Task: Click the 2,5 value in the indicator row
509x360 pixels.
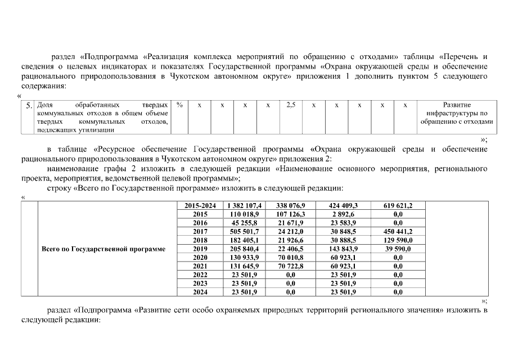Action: click(x=291, y=105)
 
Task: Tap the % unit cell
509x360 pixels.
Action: click(x=179, y=105)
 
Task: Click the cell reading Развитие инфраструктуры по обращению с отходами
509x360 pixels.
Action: click(x=457, y=113)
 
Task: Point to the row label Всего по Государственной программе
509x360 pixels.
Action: click(x=104, y=249)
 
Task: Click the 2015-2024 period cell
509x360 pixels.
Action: click(x=200, y=206)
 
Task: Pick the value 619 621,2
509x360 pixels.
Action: click(x=398, y=206)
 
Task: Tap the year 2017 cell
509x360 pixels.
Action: click(x=200, y=232)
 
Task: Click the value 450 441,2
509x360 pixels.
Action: click(x=398, y=232)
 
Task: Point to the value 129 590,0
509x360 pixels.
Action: click(x=398, y=240)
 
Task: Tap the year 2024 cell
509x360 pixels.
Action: click(x=200, y=292)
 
